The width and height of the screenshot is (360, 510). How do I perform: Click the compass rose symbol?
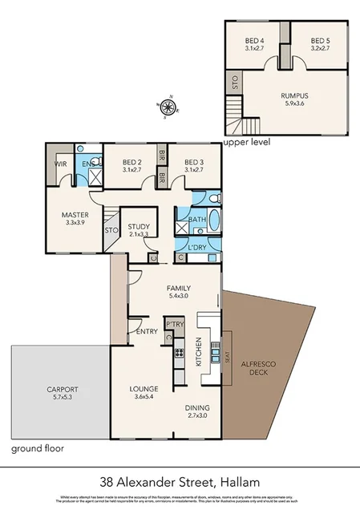point(167,106)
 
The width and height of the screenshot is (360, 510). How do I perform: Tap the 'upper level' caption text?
point(247,142)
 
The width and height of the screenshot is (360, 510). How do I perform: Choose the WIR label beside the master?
point(61,164)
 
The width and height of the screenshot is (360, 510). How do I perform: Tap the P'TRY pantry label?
point(175,325)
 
